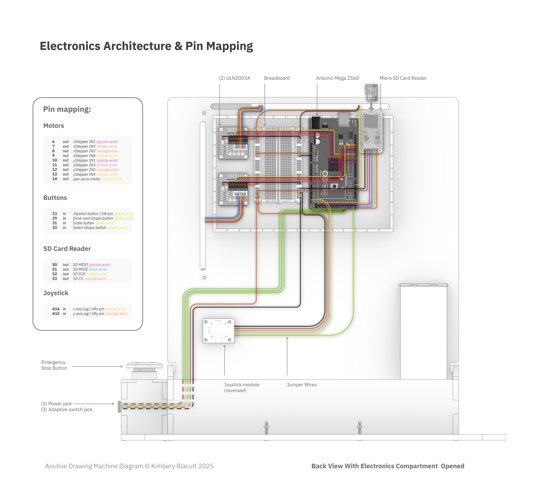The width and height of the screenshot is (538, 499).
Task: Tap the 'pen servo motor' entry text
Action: point(87,179)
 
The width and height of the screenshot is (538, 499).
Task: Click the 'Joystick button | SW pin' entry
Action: point(93,213)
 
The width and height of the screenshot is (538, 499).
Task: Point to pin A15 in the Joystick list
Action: point(56,313)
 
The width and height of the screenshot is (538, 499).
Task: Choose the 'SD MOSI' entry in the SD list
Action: point(80,269)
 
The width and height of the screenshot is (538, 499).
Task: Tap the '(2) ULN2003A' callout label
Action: point(234,78)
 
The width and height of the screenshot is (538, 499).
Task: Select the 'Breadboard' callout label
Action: point(277,78)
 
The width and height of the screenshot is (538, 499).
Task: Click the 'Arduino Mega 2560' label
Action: point(337,78)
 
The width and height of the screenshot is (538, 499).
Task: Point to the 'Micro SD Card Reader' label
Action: point(403,78)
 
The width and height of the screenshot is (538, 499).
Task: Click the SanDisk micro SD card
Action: point(371,92)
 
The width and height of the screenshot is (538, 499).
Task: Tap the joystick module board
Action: point(218,330)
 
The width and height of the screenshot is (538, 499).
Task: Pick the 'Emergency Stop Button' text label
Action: point(54,365)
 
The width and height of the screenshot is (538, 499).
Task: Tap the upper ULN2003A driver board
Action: point(233,143)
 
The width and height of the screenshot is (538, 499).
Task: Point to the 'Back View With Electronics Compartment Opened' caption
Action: point(388,466)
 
